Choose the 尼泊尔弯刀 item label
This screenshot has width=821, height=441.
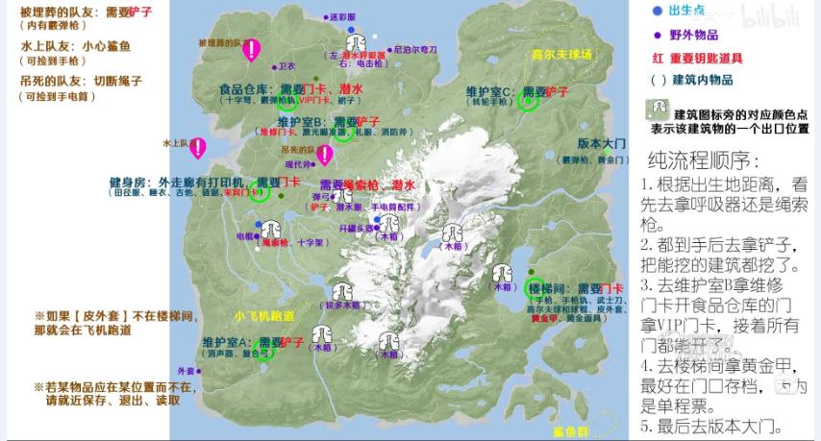tap(415, 48)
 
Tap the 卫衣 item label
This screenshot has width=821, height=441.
tap(286, 66)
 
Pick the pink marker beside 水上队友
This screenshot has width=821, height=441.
tap(198, 147)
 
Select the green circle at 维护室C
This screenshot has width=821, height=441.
tap(525, 100)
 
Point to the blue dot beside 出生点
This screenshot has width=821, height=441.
tap(658, 11)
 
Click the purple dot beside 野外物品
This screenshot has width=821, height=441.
tap(658, 35)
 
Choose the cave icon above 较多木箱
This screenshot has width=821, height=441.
tap(339, 287)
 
